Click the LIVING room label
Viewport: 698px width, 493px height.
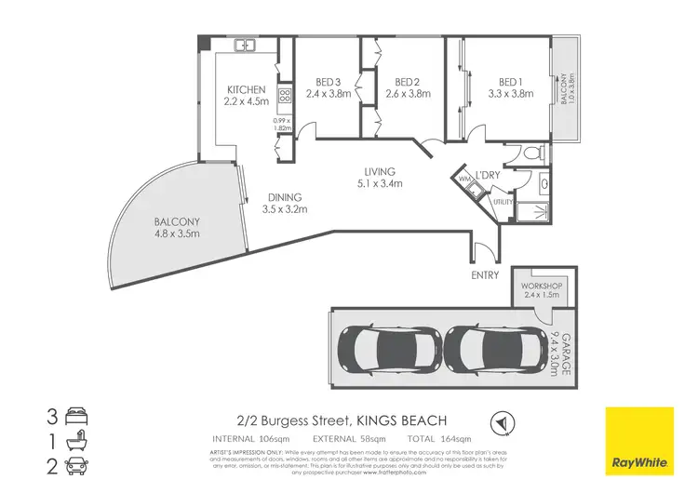380,172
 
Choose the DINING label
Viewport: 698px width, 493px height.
285,197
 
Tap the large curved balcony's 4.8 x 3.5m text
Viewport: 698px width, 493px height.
178,233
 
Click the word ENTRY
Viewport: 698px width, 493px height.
486,275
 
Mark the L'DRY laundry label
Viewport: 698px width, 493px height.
490,175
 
